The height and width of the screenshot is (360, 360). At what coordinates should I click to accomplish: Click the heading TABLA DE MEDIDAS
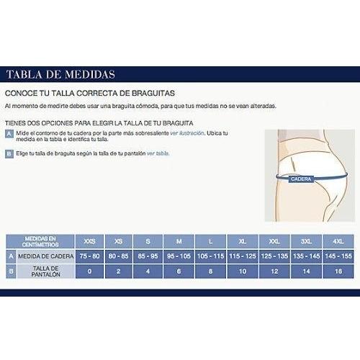pos(60,74)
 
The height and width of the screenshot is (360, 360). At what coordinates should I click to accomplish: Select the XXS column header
pos(89,240)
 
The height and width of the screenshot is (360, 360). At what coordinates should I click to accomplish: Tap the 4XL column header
pos(337,240)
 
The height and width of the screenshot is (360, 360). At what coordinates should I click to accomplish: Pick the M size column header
pos(178,240)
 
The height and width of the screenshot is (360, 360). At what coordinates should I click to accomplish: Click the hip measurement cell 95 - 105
pos(178,256)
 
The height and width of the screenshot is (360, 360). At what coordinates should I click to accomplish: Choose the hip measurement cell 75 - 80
pos(89,256)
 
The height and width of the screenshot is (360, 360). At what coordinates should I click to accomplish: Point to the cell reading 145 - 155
pos(337,256)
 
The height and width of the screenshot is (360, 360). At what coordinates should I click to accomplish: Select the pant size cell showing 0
pos(89,271)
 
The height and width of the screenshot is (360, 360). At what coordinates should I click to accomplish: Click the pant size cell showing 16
pos(337,271)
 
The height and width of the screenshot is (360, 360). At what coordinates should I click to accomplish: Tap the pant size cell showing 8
pos(210,271)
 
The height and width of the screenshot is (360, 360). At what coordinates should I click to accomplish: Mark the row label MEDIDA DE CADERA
pos(45,256)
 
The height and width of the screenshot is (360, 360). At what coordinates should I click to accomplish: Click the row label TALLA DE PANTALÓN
pos(45,271)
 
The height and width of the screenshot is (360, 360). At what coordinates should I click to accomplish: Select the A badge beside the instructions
pos(8,134)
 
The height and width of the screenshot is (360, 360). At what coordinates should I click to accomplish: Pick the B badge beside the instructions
pos(8,153)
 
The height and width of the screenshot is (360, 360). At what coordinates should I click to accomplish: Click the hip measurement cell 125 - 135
pos(273,256)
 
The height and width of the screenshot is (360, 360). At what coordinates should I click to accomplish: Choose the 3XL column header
pos(305,240)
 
